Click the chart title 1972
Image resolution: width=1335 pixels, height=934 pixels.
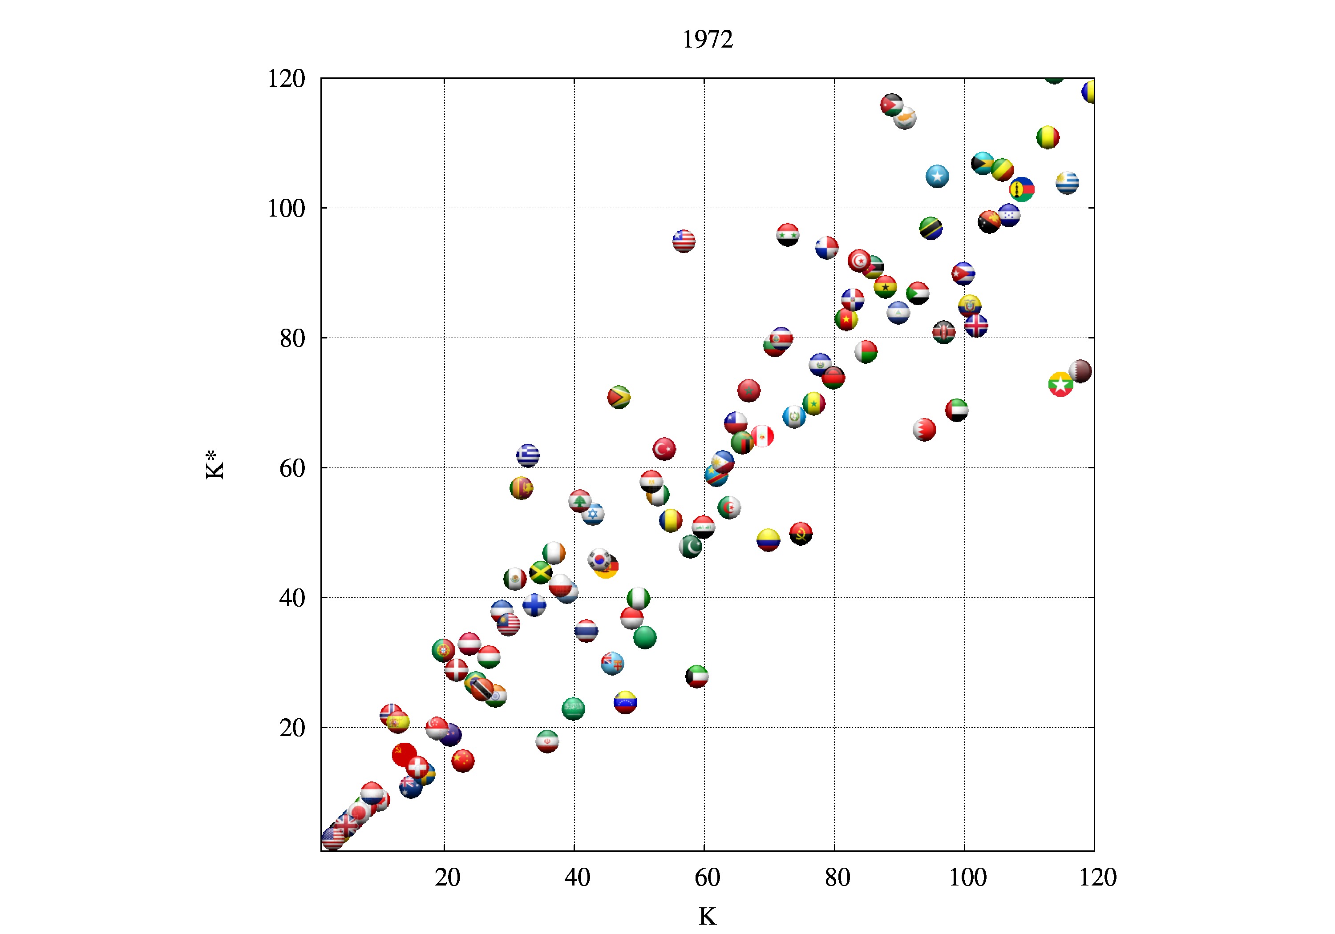pyautogui.click(x=707, y=40)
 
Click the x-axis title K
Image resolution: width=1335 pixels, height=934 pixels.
pyautogui.click(x=707, y=916)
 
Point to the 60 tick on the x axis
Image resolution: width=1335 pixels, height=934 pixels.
pyautogui.click(x=707, y=877)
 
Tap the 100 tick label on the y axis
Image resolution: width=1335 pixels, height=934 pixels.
pyautogui.click(x=286, y=209)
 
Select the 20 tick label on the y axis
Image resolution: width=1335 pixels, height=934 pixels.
pyautogui.click(x=292, y=728)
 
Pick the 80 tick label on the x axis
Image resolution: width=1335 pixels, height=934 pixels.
pyautogui.click(x=837, y=877)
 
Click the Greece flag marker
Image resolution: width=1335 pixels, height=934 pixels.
pyautogui.click(x=528, y=455)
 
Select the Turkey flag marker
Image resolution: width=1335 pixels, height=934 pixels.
pyautogui.click(x=664, y=449)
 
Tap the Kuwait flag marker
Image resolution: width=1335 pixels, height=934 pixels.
pyautogui.click(x=696, y=676)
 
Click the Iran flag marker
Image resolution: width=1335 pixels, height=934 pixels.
pyautogui.click(x=547, y=741)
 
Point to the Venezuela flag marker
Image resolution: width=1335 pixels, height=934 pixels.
pyautogui.click(x=625, y=702)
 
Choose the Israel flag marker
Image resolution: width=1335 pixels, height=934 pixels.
pyautogui.click(x=592, y=513)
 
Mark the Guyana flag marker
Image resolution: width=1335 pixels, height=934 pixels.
pyautogui.click(x=619, y=397)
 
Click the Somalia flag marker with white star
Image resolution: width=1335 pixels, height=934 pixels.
pyautogui.click(x=937, y=176)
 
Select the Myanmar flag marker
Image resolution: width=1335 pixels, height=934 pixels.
pyautogui.click(x=1060, y=384)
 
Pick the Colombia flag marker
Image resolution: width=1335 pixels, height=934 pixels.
pyautogui.click(x=768, y=540)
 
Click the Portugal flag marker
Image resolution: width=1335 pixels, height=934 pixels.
pyautogui.click(x=443, y=650)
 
